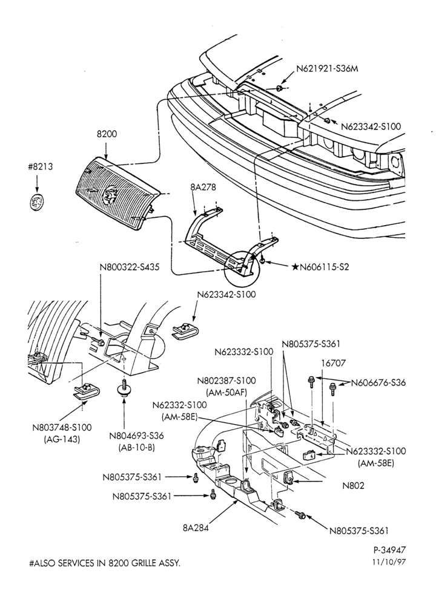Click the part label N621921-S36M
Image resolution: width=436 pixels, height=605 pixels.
coord(330,69)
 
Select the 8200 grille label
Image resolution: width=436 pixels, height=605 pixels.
coord(106,134)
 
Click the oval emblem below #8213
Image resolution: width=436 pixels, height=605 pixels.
coord(37,202)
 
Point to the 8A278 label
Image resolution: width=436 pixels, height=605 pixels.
coord(203,188)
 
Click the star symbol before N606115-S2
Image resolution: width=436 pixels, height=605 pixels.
coord(295,267)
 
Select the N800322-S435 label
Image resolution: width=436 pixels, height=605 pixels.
coord(130,267)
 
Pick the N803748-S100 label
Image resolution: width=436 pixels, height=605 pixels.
coord(62,428)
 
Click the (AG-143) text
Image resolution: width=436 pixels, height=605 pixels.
coord(62,439)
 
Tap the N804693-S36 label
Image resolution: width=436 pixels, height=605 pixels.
coord(136,436)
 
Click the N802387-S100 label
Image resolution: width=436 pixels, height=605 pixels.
coord(226,381)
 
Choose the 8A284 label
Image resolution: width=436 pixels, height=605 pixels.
coord(196,528)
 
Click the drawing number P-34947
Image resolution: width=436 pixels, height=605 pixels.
coord(389,549)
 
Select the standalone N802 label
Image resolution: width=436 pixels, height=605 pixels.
coord(353,485)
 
